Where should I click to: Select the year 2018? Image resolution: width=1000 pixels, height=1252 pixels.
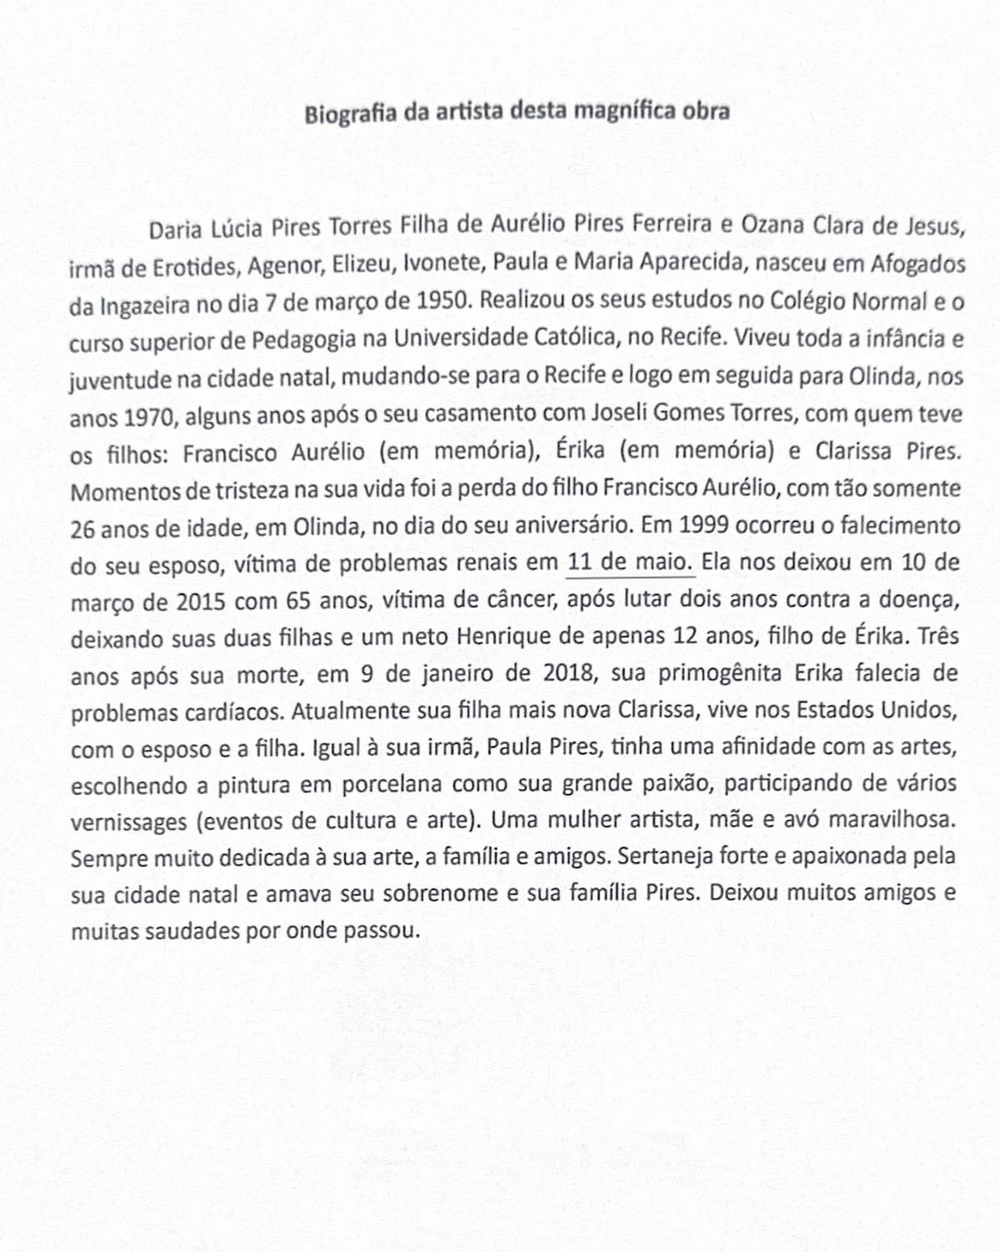click(x=570, y=673)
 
